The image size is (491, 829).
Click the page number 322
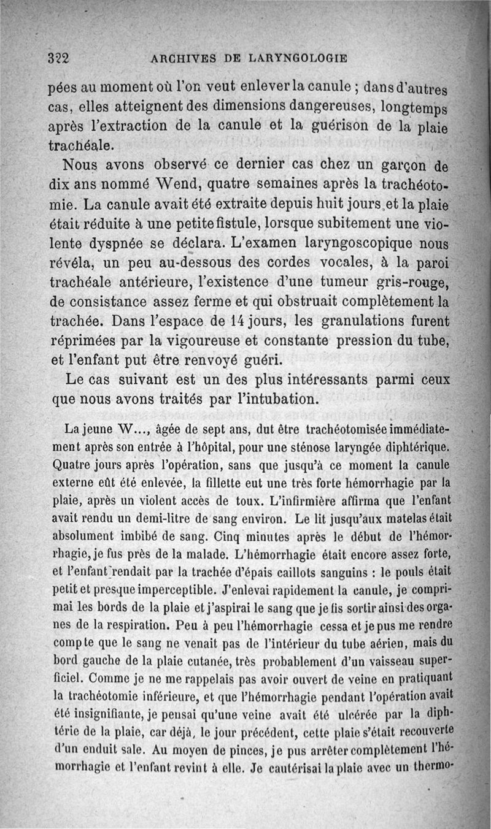tap(60, 58)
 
